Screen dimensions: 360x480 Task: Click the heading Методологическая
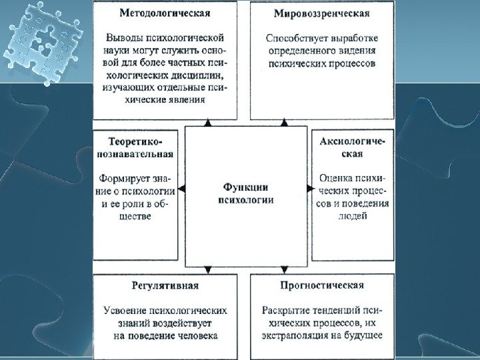pos(165,13)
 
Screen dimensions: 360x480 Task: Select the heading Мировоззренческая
pos(322,13)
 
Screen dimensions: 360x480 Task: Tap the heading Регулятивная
pos(165,285)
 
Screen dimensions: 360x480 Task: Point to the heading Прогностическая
pos(321,285)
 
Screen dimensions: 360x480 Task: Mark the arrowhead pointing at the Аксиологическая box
pos(309,189)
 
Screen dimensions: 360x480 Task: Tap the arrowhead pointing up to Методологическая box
pos(208,124)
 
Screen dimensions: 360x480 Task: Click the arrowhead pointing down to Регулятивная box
pos(208,270)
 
